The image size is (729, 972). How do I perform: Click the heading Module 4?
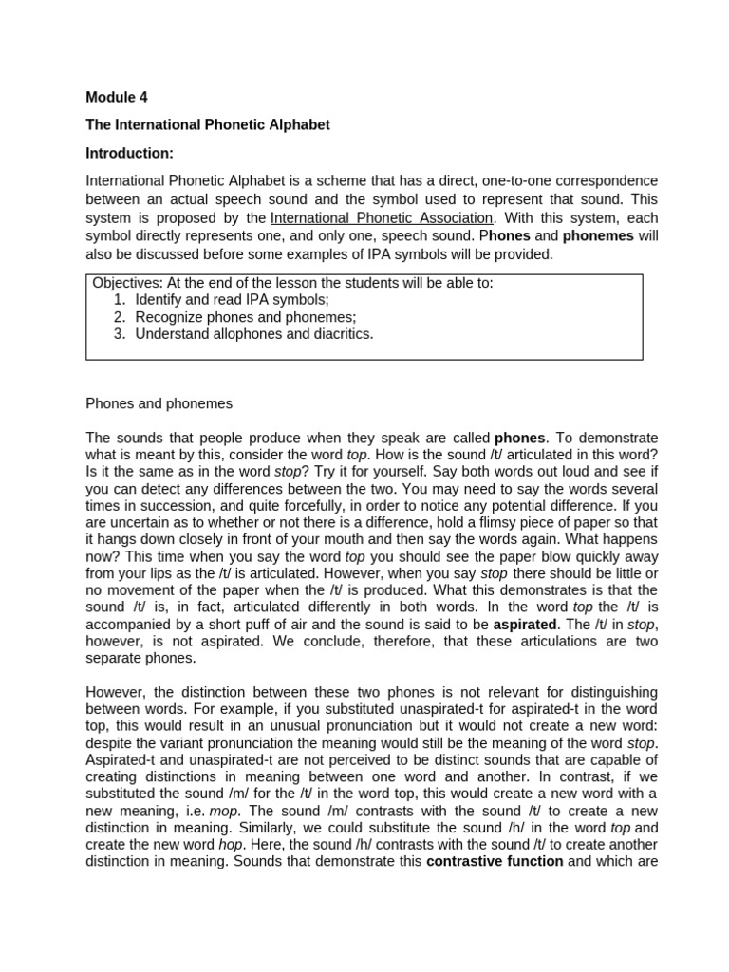coord(117,97)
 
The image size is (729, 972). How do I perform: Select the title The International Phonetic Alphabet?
coord(208,124)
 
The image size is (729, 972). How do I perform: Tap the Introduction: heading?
coord(130,152)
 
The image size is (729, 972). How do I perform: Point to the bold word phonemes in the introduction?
coord(598,235)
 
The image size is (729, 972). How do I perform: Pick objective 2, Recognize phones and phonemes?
coord(245,316)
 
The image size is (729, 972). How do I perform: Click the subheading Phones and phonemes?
coord(159,403)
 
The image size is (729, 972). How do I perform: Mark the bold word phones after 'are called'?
coord(520,438)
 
